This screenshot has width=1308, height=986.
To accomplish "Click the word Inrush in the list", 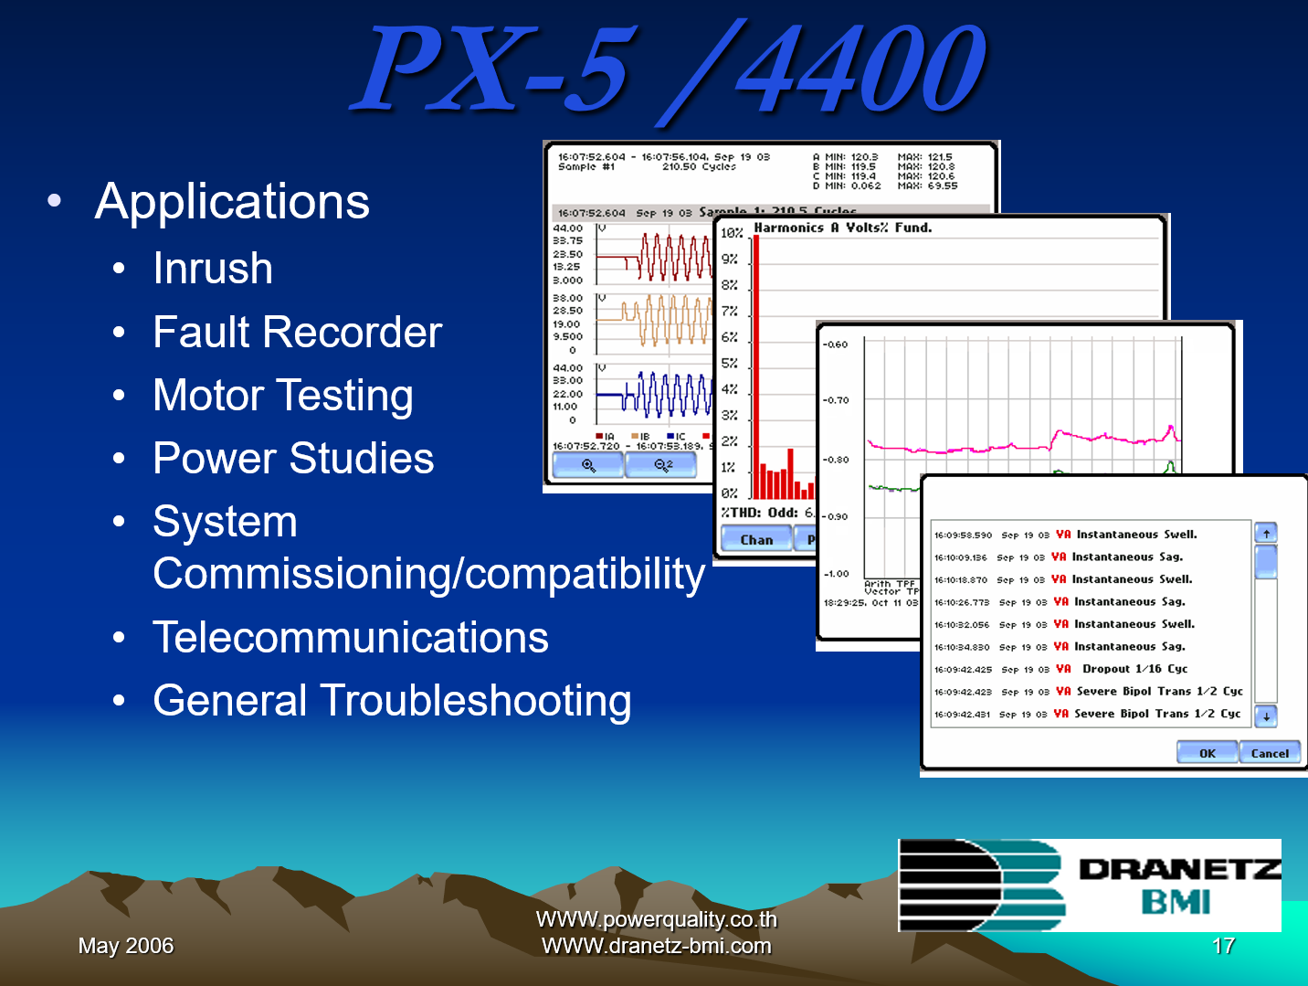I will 213,269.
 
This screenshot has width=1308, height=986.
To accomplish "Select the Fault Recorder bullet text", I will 297,332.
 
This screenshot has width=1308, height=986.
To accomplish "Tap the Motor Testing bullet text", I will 283,396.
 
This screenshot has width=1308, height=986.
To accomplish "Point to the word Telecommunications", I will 350,638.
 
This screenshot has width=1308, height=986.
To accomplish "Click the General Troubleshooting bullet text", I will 392,701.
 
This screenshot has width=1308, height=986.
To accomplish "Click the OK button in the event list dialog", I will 1207,753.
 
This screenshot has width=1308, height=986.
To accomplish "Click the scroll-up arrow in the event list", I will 1266,533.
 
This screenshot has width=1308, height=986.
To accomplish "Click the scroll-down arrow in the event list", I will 1266,716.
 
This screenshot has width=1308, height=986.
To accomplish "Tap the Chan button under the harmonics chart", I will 756,540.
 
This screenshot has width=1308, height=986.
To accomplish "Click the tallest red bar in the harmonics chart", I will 756,366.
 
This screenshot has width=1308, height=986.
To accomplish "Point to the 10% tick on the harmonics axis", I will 732,233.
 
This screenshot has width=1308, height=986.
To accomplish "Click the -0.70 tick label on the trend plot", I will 836,400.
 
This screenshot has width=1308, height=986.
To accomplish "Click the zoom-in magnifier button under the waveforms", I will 588,466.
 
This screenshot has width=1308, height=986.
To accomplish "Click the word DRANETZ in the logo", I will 1178,869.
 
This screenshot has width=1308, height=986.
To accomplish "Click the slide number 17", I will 1224,946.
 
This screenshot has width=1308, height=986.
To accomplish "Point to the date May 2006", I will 126,946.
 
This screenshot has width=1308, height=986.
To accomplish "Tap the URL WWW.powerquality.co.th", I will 656,919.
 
